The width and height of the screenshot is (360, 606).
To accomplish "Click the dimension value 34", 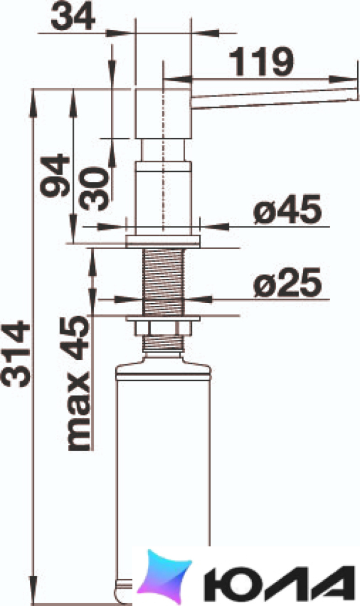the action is click(x=73, y=18).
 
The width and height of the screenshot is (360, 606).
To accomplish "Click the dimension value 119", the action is click(x=261, y=62).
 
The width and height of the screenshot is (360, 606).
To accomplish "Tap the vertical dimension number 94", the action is click(x=55, y=175).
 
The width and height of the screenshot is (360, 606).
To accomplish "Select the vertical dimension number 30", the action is click(x=93, y=188).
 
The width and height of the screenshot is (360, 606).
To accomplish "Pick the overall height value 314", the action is click(x=15, y=353).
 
